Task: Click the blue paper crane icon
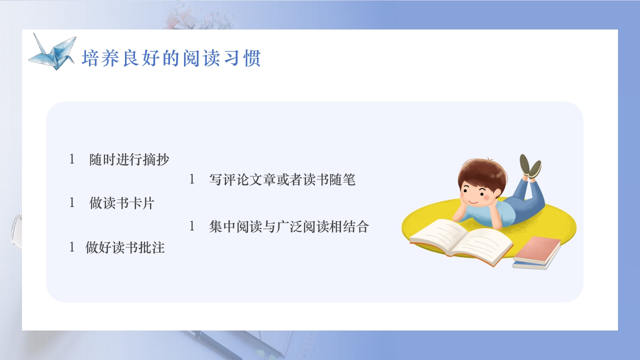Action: click(x=52, y=51)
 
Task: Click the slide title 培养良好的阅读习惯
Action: click(x=171, y=58)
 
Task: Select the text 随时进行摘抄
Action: click(x=129, y=160)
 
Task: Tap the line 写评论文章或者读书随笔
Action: click(x=282, y=180)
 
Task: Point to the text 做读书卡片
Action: click(x=122, y=203)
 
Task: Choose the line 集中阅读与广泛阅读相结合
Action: click(x=289, y=227)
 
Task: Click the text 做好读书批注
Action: click(x=125, y=247)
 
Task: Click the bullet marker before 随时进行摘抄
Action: click(x=72, y=160)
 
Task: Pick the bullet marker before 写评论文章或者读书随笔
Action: click(x=192, y=180)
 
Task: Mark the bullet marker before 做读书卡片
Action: click(x=72, y=203)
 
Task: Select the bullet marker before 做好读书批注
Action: click(x=72, y=247)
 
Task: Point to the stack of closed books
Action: click(x=537, y=252)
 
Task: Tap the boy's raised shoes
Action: click(x=530, y=166)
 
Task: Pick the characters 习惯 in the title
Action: click(x=243, y=58)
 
